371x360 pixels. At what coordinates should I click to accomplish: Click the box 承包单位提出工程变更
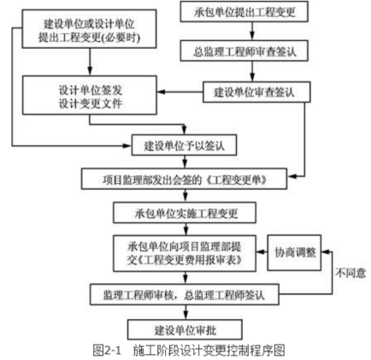[x=244, y=12]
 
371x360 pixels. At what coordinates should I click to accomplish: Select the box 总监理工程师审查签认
[x=244, y=50]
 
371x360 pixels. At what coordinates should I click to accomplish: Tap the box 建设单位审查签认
[x=256, y=92]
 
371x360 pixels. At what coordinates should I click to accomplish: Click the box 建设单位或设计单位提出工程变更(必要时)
[x=89, y=29]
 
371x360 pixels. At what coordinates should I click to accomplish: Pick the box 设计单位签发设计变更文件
[x=90, y=95]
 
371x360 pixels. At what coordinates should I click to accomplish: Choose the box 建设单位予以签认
[x=184, y=145]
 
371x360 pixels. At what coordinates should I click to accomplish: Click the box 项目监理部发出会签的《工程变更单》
[x=184, y=179]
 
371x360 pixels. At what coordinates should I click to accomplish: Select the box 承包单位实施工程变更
[x=185, y=213]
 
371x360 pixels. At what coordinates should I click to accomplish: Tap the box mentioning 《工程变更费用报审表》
[x=185, y=253]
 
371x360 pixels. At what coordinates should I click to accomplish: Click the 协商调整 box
[x=294, y=252]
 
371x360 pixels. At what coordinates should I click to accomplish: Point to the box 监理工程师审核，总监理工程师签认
[x=185, y=294]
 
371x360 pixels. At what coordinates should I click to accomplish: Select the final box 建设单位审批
[x=185, y=329]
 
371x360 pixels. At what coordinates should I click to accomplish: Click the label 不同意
[x=350, y=273]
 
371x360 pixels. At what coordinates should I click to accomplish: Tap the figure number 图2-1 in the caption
[x=107, y=350]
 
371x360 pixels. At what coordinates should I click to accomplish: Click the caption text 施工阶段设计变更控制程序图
[x=209, y=350]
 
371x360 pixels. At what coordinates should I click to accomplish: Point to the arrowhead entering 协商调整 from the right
[x=325, y=252]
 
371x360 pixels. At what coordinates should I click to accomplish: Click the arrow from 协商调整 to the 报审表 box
[x=262, y=252]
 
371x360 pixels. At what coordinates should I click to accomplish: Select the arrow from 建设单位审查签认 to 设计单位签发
[x=180, y=91]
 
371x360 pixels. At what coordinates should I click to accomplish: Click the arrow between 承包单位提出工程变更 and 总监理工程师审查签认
[x=252, y=31]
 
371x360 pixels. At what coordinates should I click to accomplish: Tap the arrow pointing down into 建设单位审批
[x=185, y=312]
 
